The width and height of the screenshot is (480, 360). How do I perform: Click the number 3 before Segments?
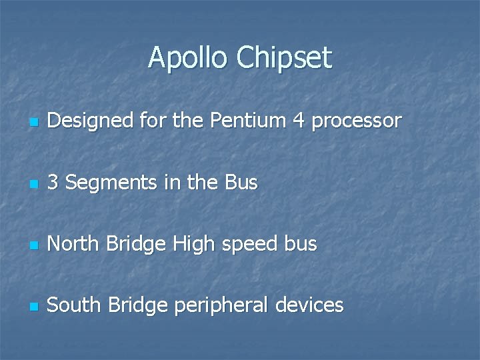pos(54,183)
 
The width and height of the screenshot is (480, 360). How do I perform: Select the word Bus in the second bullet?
pos(241,183)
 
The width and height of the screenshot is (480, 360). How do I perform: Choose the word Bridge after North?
pos(135,245)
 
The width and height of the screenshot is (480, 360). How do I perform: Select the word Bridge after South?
pos(137,306)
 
